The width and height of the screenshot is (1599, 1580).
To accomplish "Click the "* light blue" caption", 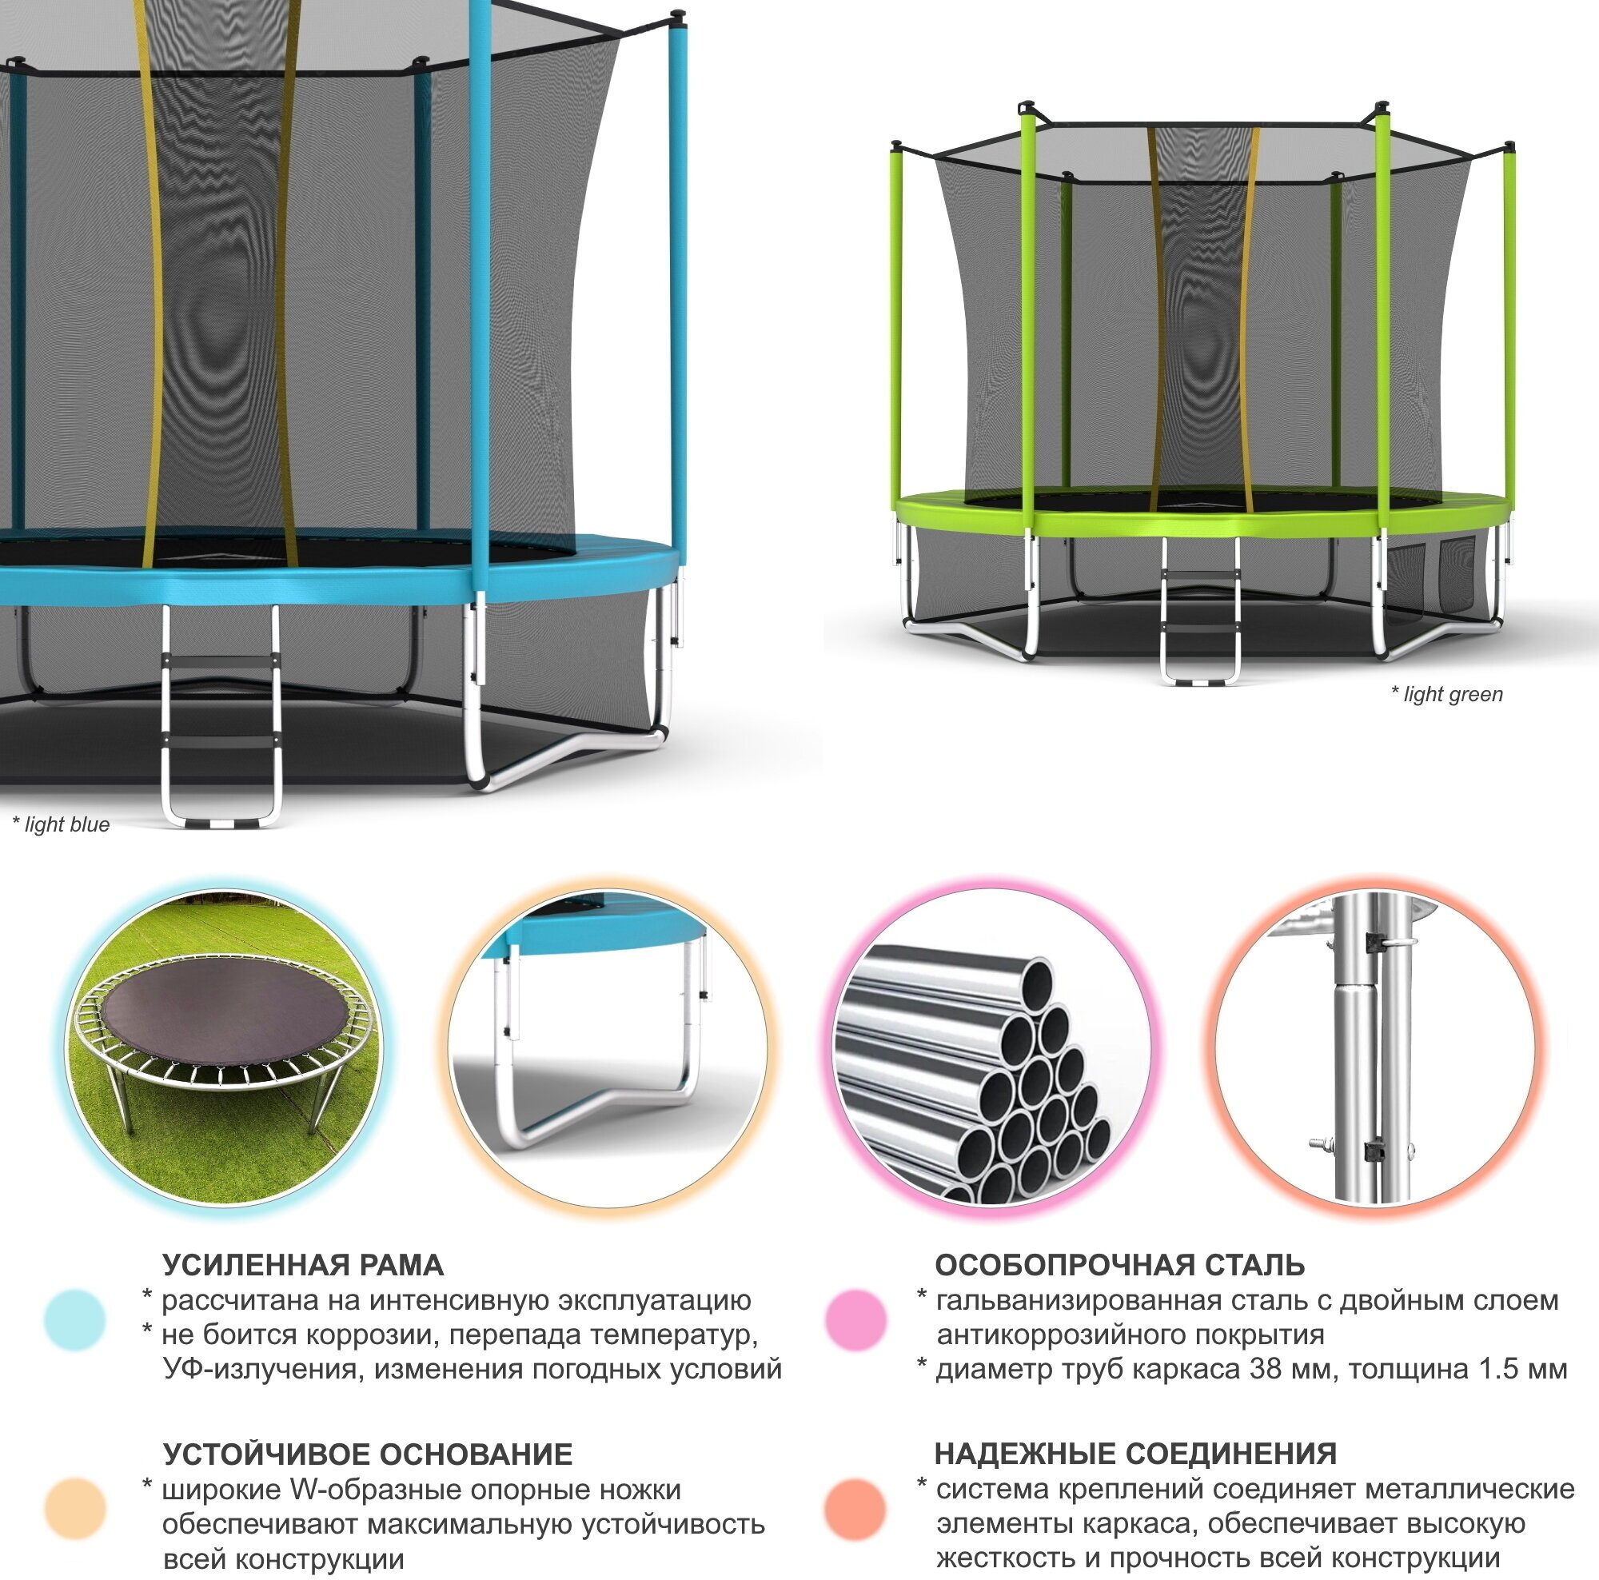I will [62, 824].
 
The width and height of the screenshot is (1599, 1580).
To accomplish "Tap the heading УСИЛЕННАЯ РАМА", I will [302, 1266].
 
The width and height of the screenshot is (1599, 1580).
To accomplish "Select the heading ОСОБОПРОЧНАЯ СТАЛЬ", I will [1120, 1266].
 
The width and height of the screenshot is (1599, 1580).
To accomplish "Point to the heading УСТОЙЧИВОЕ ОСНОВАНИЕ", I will [368, 1454].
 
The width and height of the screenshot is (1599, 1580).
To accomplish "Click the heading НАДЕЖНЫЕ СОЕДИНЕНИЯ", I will [1135, 1454].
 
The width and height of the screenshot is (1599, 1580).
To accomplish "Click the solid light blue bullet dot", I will [75, 1320].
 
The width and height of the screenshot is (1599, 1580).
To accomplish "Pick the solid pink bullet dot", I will [856, 1320].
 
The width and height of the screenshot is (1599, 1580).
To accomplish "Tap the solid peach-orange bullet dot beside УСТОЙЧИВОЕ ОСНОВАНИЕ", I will [75, 1509].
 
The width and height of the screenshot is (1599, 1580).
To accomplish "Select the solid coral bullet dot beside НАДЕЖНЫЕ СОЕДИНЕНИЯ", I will [856, 1509].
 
